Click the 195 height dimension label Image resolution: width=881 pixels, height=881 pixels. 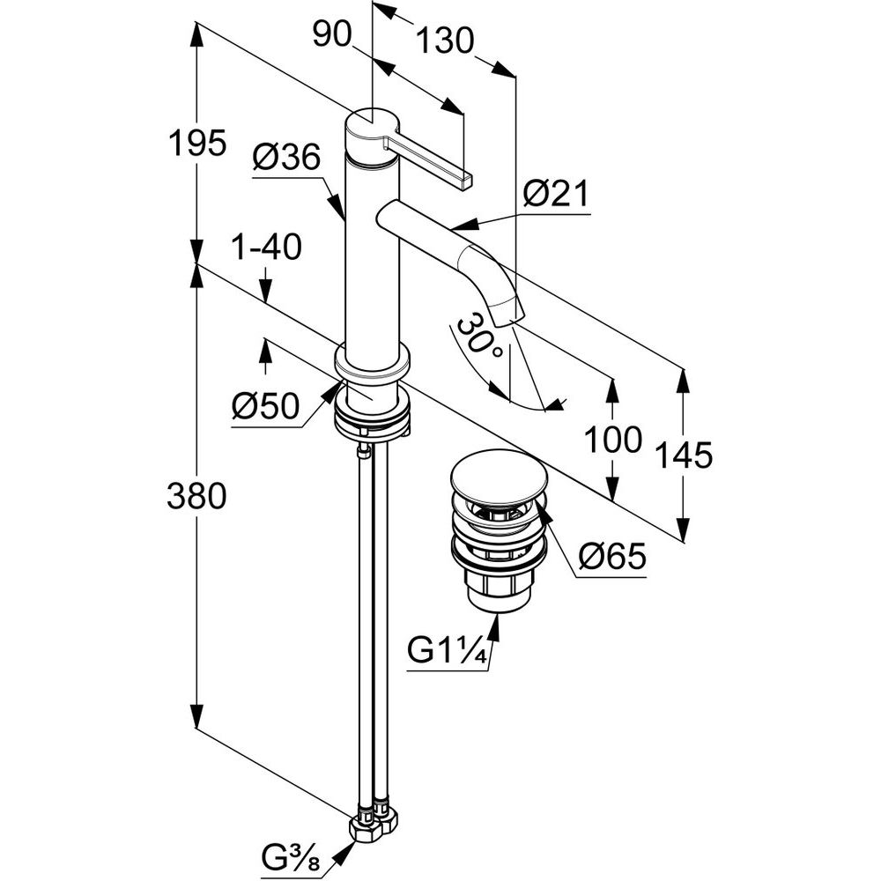[x=197, y=143]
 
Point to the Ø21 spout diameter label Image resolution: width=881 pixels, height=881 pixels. [x=554, y=194]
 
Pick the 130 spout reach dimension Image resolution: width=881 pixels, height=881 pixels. [x=446, y=40]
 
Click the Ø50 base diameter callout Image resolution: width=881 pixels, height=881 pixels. [x=265, y=407]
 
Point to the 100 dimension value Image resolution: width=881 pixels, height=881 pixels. [x=615, y=439]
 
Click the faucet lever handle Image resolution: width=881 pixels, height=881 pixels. [x=432, y=159]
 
